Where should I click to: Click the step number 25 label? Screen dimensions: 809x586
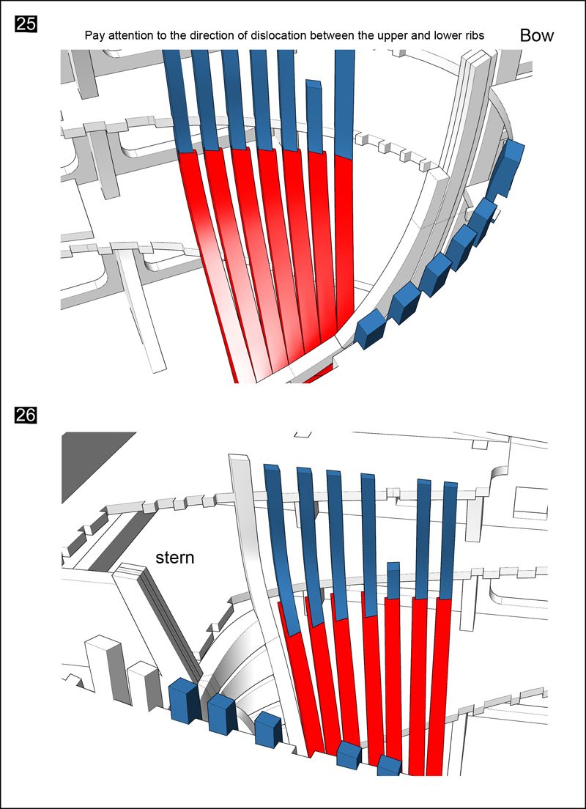click(26, 24)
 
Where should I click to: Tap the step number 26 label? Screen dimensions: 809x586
click(26, 415)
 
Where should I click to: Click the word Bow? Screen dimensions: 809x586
click(537, 35)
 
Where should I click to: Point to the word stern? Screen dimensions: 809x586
click(175, 558)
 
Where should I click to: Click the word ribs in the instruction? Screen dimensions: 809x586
click(472, 35)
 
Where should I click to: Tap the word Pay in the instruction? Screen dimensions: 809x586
click(94, 35)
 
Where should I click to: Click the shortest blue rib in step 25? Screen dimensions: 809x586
click(314, 117)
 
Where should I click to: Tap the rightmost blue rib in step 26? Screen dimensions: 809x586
click(449, 539)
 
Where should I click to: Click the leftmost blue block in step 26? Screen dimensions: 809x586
click(184, 701)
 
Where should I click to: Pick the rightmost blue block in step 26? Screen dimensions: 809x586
click(389, 766)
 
